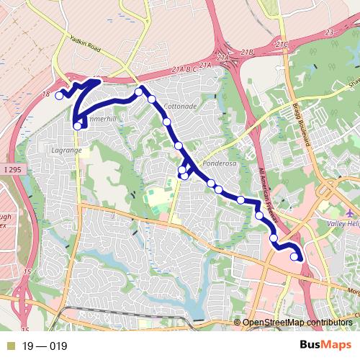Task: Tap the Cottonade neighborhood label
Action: [180, 106]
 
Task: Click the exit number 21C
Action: [281, 45]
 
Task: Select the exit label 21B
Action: [248, 53]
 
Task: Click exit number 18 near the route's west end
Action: [46, 94]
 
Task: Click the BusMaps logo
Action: [320, 346]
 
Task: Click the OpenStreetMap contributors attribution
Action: [297, 323]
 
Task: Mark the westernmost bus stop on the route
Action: [59, 96]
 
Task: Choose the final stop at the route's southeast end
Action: [294, 256]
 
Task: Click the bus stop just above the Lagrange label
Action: [76, 127]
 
